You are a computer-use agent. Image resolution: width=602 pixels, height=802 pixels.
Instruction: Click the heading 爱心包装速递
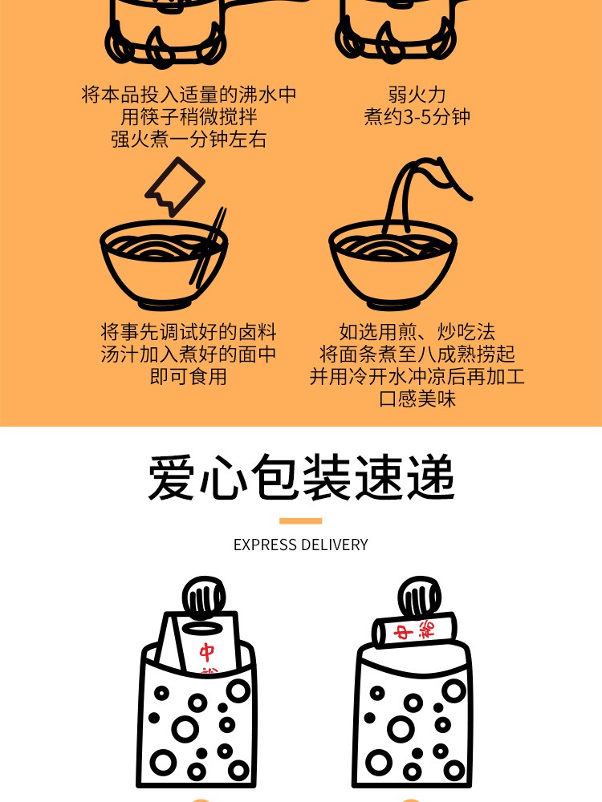(301, 477)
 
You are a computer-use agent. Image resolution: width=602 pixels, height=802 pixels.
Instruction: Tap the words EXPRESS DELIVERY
(300, 545)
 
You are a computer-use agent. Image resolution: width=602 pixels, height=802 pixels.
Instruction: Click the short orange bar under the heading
(300, 520)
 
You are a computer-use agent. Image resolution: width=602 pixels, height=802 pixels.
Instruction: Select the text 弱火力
(417, 95)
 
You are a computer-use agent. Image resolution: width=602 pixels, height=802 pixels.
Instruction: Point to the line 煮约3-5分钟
(417, 117)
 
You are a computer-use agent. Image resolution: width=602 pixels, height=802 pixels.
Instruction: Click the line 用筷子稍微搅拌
(189, 117)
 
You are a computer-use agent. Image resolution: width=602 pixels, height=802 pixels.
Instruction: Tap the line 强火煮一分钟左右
(189, 139)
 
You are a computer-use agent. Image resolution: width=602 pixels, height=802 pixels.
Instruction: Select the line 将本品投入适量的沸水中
(189, 95)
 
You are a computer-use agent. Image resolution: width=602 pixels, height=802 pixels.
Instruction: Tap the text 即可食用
(189, 377)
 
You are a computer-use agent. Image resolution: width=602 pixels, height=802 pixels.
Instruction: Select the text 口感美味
(417, 399)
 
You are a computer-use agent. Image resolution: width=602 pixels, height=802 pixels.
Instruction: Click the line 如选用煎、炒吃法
(417, 333)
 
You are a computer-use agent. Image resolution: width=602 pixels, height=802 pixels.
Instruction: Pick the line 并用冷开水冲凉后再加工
(417, 377)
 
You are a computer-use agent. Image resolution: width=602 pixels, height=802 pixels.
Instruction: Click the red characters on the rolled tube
(415, 630)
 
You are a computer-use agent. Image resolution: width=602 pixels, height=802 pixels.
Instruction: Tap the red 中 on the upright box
(207, 652)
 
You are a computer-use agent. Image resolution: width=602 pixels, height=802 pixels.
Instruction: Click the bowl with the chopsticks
(164, 263)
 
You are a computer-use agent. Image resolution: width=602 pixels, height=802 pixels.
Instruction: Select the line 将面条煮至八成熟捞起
(417, 354)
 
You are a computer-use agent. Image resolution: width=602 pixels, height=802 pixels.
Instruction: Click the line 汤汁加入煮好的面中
(189, 354)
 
